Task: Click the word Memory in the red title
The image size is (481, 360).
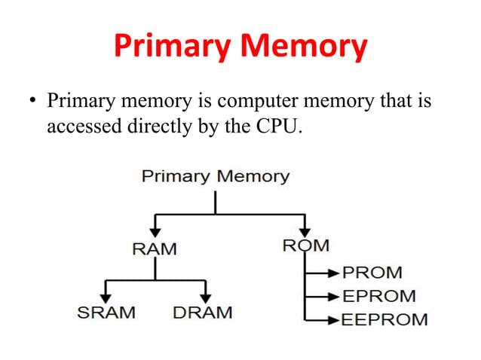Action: point(304,47)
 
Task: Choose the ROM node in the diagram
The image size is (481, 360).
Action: point(305,246)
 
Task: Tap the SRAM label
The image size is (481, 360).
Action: point(106,312)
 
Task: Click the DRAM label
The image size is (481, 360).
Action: point(203,312)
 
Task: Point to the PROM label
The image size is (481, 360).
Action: point(372,272)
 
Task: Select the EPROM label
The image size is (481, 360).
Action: point(379,296)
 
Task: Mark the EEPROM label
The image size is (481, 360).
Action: point(384,319)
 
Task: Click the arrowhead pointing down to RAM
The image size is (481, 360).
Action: point(154,230)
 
